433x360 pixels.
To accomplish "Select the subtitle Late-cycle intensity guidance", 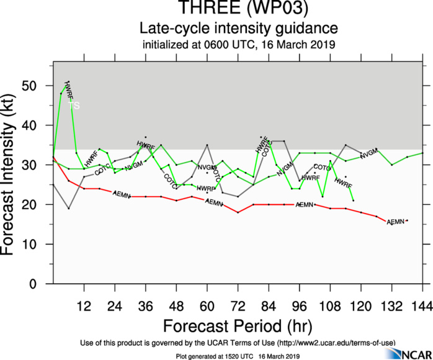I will coord(239,29).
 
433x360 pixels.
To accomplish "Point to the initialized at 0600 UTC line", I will coord(239,44).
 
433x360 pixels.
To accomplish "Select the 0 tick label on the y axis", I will coord(43,284).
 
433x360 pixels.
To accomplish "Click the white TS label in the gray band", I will coord(74,106).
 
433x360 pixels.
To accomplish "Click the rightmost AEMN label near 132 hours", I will coord(396,222).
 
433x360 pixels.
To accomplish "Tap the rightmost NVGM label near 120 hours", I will coord(368,153).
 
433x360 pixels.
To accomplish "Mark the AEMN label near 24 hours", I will coord(122,194).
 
